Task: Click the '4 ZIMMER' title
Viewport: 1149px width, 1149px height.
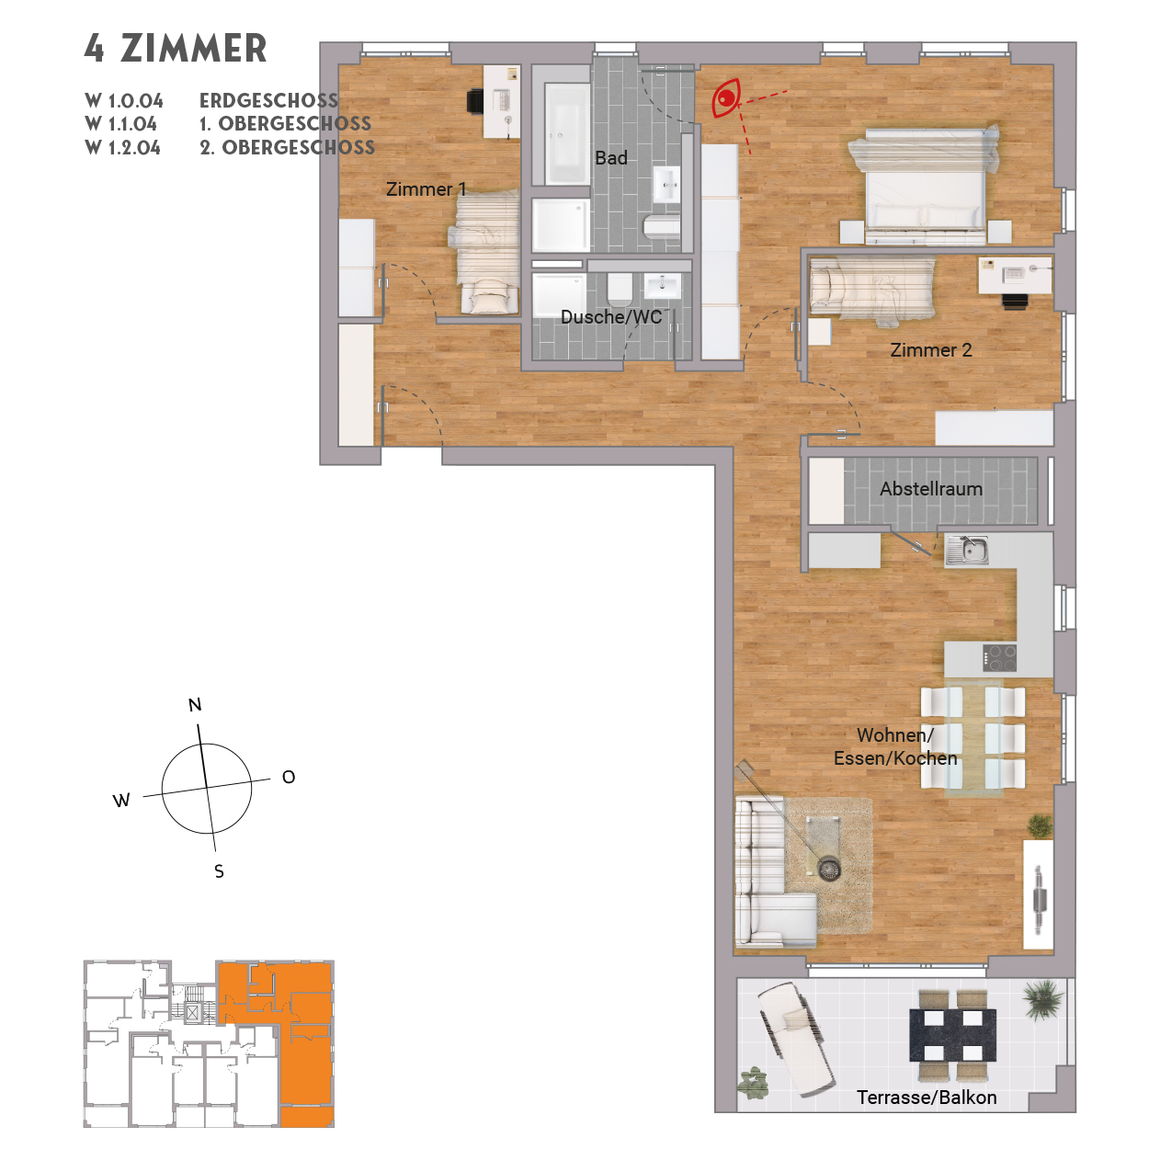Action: pos(176,49)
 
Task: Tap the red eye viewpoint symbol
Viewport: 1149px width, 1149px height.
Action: pos(726,98)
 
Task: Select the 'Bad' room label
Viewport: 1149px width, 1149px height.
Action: pos(610,158)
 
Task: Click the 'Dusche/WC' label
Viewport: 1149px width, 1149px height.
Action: pos(611,317)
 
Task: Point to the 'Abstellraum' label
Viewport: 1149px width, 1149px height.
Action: pos(930,489)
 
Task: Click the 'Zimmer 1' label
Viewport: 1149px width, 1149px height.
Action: pos(426,189)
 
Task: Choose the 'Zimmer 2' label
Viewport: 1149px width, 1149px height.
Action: pos(930,350)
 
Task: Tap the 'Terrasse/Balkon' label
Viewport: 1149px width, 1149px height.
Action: pos(926,1098)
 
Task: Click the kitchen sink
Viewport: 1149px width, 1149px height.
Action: pos(966,551)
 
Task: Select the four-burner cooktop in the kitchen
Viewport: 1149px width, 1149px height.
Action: pos(999,658)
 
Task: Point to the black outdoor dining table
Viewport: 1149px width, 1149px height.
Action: pos(952,1034)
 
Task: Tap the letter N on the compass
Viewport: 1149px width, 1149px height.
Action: pos(195,705)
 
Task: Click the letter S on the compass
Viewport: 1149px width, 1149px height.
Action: pos(219,871)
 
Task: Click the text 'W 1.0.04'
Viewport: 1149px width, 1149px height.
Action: pos(124,101)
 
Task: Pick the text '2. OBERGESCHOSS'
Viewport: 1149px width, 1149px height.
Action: pos(287,148)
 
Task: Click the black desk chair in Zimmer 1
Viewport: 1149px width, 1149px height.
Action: pos(475,100)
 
